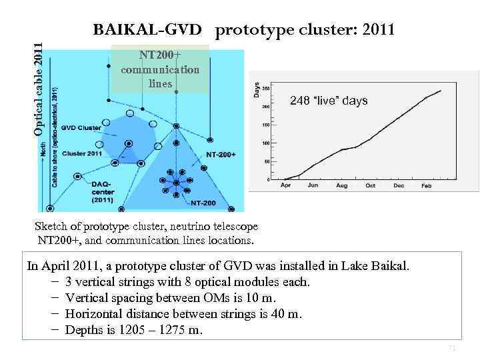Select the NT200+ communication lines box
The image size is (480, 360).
click(160, 69)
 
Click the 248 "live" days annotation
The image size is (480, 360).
click(329, 101)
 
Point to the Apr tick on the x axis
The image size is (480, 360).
click(286, 186)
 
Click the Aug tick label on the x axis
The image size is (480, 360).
click(341, 186)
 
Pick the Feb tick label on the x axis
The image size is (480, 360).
click(426, 186)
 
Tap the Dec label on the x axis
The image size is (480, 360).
click(398, 186)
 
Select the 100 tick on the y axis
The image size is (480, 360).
click(265, 143)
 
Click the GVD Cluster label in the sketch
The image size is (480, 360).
click(81, 127)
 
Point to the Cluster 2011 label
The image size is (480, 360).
click(83, 153)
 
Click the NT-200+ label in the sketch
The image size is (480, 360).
click(220, 155)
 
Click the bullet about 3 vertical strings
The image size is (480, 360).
click(187, 282)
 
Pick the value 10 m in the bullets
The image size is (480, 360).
click(260, 298)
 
